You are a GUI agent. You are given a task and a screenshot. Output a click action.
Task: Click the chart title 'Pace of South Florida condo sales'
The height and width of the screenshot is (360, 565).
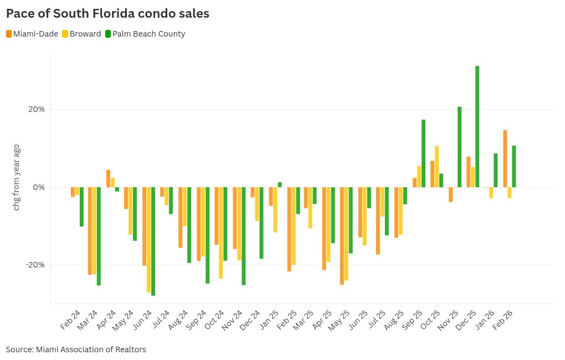point(107,13)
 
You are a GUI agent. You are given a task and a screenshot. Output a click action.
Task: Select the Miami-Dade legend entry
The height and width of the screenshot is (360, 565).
point(32,34)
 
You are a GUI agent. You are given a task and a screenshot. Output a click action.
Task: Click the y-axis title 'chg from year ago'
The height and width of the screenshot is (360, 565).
point(17,177)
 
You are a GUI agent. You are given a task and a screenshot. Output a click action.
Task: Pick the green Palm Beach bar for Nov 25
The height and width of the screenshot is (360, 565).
point(459,147)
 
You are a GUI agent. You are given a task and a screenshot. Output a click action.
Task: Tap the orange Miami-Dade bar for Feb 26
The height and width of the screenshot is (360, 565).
point(505,158)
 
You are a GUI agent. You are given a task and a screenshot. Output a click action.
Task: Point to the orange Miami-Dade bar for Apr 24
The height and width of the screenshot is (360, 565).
point(109,178)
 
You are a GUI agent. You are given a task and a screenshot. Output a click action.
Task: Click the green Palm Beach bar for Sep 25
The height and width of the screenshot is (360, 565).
point(423,153)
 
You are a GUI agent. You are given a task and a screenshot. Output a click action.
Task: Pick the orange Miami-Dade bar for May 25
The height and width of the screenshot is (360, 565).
point(342,235)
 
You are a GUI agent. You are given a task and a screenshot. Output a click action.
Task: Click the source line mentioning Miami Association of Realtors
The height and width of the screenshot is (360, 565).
point(76,349)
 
